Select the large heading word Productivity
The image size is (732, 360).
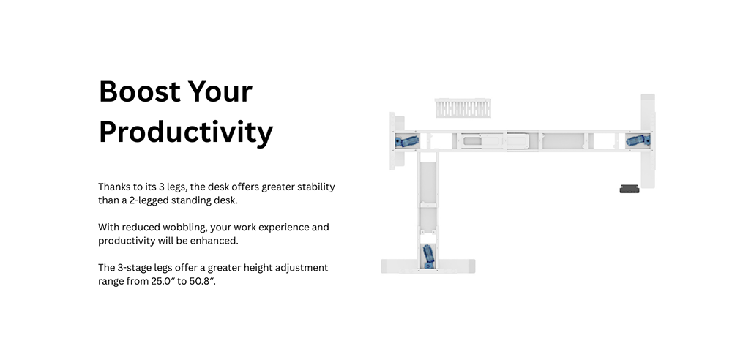tap(186, 133)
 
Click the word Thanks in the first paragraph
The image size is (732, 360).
tap(113, 187)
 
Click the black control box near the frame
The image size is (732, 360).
tap(630, 189)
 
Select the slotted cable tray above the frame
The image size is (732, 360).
tap(463, 108)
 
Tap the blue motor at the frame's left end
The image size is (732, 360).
tap(406, 141)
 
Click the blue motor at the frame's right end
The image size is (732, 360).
tap(638, 140)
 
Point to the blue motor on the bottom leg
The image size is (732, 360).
tap(428, 256)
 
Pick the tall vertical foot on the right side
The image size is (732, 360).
tap(648, 141)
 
